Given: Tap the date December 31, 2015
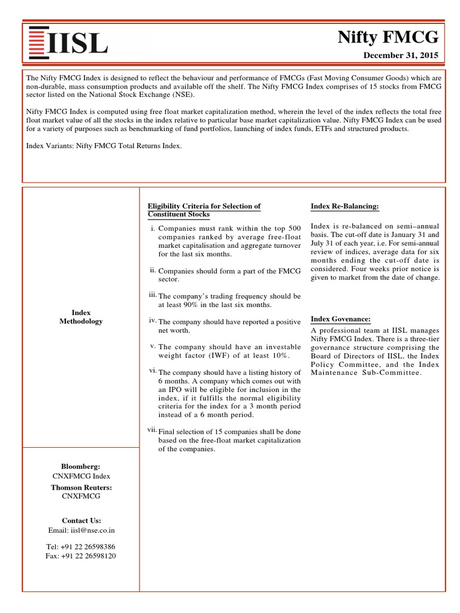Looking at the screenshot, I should (x=401, y=56).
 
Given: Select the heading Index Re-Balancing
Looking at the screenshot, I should (x=344, y=206).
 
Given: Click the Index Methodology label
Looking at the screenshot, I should (x=81, y=317).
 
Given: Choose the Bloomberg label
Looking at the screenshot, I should (x=81, y=466).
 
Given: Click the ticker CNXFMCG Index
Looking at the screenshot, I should (x=81, y=476).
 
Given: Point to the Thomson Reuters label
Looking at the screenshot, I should (x=81, y=487).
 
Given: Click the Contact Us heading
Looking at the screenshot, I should (x=81, y=520).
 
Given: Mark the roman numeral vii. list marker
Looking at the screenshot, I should (x=152, y=430).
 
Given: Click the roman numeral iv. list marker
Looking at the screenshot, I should (x=152, y=320).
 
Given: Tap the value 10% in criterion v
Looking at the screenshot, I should (x=277, y=356).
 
